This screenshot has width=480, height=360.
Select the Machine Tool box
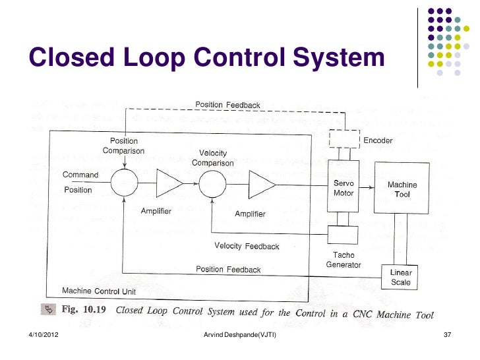click(x=402, y=189)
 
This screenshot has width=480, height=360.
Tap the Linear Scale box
click(x=400, y=277)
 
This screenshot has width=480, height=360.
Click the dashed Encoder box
click(x=344, y=138)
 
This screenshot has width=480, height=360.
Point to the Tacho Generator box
click(x=343, y=234)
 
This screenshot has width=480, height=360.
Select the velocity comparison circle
click(x=212, y=183)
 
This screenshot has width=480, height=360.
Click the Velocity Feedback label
click(x=247, y=246)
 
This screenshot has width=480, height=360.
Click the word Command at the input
click(x=80, y=175)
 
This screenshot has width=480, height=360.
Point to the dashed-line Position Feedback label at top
click(x=227, y=105)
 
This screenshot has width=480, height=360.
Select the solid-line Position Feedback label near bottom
click(x=228, y=269)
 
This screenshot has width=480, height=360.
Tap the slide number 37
click(x=447, y=336)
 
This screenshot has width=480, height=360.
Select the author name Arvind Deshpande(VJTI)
click(x=241, y=336)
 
